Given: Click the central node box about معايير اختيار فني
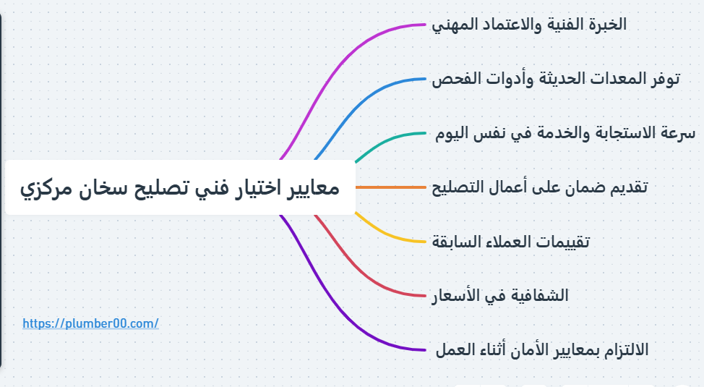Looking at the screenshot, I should tap(180, 188).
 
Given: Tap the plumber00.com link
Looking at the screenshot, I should tap(90, 323).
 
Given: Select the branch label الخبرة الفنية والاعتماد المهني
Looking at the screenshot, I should tap(529, 24).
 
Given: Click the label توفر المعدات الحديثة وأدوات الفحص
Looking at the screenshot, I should tap(555, 78).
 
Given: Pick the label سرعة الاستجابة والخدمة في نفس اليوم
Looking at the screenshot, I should tap(565, 133).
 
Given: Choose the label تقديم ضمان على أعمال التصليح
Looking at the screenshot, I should tap(539, 187).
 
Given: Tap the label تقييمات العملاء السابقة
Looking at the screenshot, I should tap(510, 242).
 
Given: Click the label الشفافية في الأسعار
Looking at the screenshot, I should tap(500, 296).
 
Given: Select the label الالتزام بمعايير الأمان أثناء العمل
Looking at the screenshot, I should tap(541, 350).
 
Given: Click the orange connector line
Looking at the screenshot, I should tap(390, 187).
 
